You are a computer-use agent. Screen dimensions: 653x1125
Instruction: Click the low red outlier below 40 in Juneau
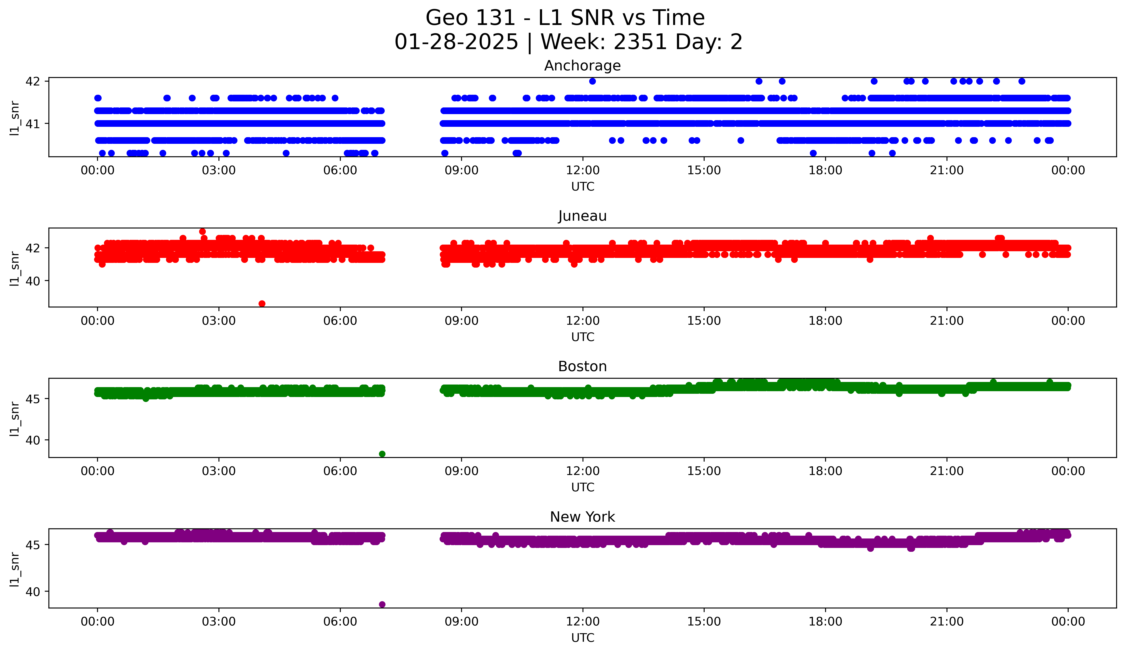262,304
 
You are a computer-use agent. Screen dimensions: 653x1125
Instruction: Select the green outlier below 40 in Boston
382,454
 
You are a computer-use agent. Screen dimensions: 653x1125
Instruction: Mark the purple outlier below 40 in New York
382,604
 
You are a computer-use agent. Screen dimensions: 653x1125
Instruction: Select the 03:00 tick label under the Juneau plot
219,321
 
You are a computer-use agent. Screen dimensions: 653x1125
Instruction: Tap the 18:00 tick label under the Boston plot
825,471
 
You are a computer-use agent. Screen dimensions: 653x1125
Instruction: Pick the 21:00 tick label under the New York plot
947,622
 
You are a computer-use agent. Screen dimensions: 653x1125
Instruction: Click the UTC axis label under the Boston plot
583,487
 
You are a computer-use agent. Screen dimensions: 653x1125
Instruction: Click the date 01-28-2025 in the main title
456,42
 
